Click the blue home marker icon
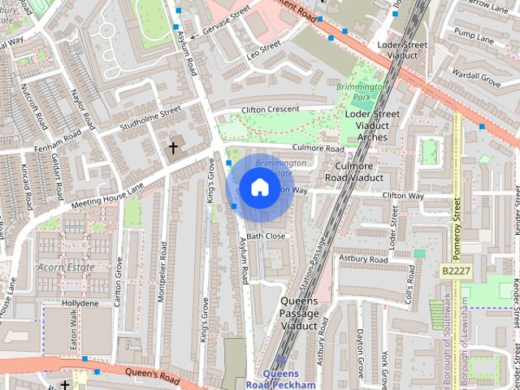258,188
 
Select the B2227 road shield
457,270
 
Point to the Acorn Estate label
66,266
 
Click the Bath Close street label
266,236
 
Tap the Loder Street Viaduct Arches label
373,125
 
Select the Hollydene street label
80,303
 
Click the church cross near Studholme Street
173,148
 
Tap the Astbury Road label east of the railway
364,259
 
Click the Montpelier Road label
164,279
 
